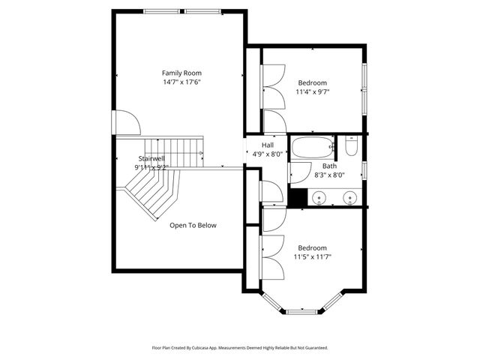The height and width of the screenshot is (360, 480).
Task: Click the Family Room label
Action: tap(182, 73)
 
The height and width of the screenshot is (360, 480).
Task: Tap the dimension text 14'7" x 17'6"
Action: tap(182, 82)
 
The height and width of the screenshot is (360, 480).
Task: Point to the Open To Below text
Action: tap(193, 225)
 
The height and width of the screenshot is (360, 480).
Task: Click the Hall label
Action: tap(267, 145)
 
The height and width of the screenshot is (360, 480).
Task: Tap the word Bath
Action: tap(329, 166)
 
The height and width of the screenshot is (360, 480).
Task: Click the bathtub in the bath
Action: tap(311, 147)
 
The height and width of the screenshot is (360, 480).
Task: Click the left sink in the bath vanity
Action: tap(320, 199)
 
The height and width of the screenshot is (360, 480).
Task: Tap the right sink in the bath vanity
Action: tap(349, 199)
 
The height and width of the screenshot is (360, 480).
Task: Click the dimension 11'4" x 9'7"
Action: tap(313, 92)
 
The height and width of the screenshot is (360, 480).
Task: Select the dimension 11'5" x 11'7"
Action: tap(313, 256)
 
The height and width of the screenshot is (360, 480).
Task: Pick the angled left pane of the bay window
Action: tap(272, 302)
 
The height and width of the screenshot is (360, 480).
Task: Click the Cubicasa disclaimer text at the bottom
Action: tap(239, 348)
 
